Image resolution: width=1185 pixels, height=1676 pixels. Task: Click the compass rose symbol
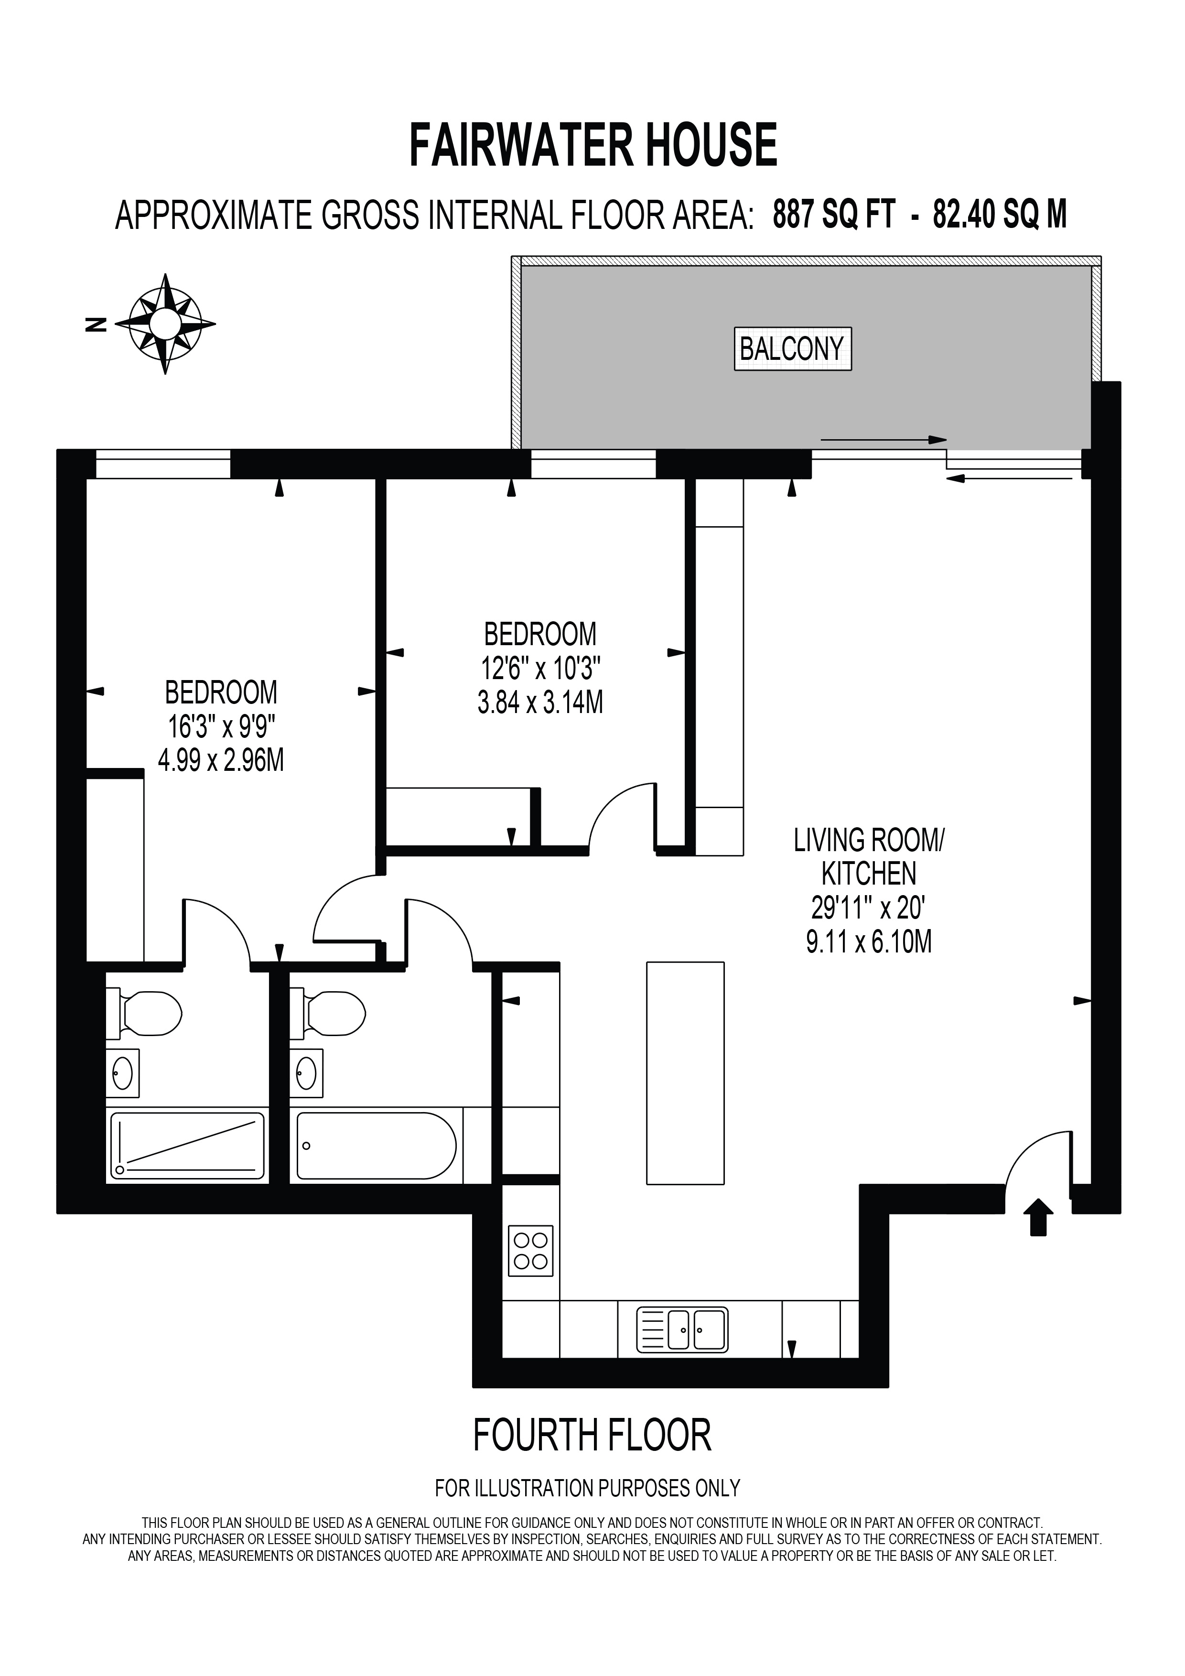pos(166,324)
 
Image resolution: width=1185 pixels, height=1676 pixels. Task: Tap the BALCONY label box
pos(792,348)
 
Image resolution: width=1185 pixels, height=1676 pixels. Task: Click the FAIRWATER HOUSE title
pos(592,145)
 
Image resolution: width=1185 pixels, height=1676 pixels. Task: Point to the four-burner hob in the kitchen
pos(530,1251)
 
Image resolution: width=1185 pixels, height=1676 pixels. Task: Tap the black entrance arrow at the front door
pos(1038,1218)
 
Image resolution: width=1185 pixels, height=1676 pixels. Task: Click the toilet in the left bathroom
pos(144,1013)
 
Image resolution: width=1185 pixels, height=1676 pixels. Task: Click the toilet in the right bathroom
pos(328,1013)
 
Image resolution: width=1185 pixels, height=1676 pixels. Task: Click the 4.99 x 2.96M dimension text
pos(221,761)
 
